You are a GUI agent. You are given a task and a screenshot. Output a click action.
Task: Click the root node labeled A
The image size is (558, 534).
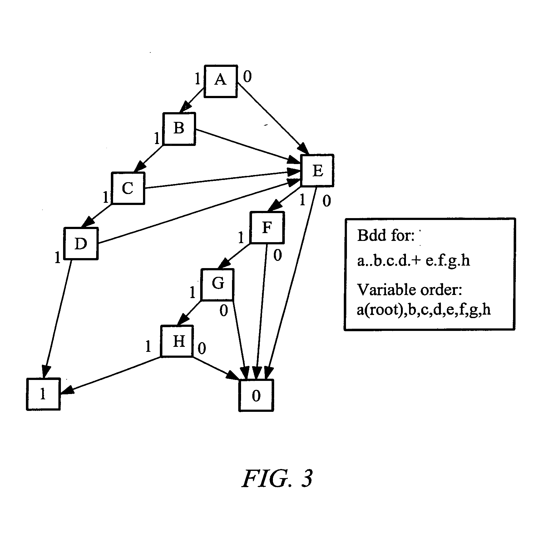coord(220,81)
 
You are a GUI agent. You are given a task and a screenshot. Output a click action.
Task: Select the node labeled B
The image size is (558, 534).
coord(179,129)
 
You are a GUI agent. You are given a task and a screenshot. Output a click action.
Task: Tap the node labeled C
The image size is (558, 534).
coord(128,188)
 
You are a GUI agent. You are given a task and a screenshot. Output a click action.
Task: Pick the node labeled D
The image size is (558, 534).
coord(81,243)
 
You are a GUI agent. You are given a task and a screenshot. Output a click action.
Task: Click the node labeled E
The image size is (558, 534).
coord(317,170)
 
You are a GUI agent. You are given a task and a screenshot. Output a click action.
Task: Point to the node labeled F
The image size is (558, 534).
coord(267,227)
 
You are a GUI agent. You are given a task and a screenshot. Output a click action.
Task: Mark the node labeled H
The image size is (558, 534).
coord(177,341)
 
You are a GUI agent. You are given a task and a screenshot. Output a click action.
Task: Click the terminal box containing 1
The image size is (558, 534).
coord(43,394)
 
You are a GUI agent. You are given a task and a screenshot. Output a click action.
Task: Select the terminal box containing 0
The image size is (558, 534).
coord(256,395)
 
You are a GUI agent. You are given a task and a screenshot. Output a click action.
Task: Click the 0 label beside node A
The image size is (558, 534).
coord(247,76)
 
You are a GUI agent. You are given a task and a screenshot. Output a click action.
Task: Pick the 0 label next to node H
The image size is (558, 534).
coord(202,348)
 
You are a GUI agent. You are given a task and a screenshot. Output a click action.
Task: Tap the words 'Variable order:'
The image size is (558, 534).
coord(409,290)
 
